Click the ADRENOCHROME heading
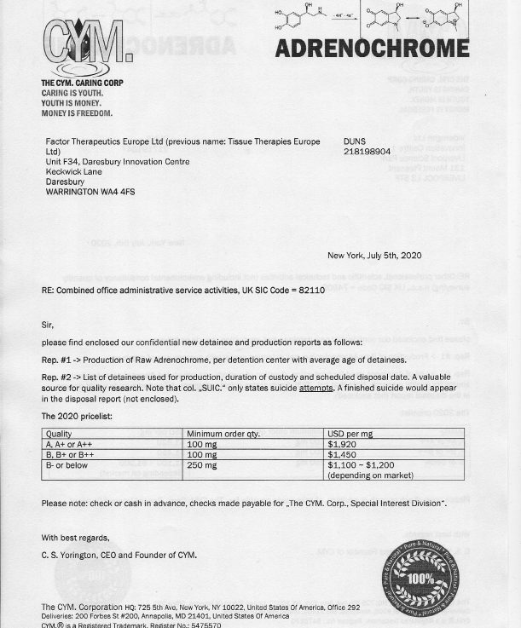372,48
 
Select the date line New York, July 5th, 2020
373,256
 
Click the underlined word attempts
315,389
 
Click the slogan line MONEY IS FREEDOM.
77,113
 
